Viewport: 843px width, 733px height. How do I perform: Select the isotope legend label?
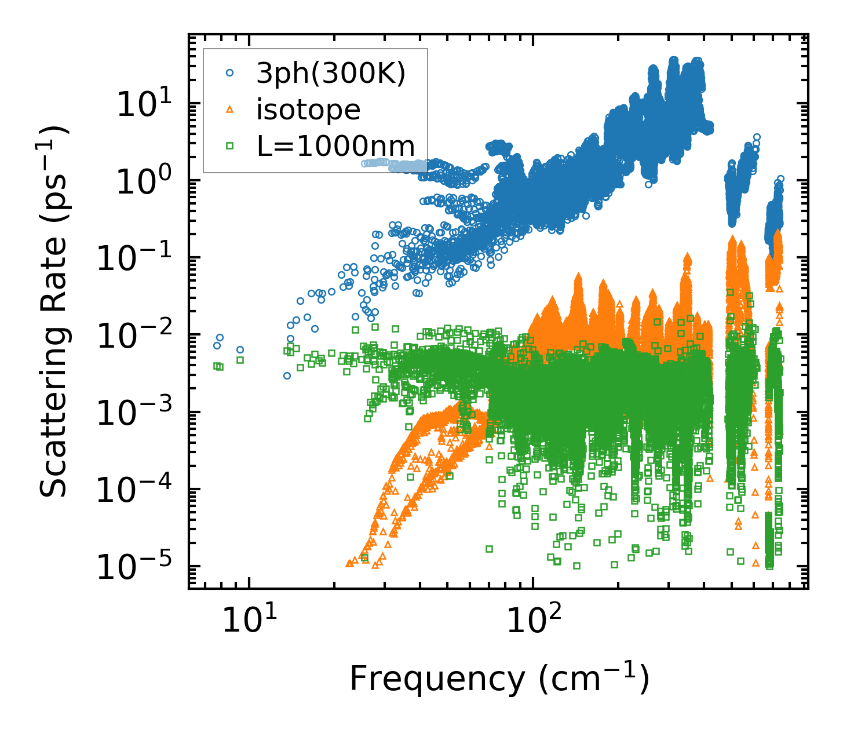308,110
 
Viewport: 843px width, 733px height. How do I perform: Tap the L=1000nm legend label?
336,146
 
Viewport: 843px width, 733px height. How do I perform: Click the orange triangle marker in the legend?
229,110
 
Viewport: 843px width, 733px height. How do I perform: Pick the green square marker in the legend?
229,146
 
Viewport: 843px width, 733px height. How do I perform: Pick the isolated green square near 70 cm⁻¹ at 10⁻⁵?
489,549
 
